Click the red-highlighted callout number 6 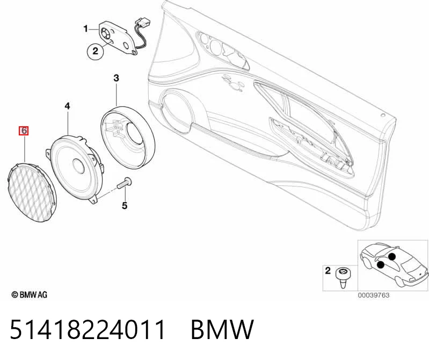tap(24, 131)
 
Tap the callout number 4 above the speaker tap(67, 106)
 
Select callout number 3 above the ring tap(117, 78)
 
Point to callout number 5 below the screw tap(125, 205)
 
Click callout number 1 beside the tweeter tap(85, 28)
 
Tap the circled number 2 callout tap(95, 51)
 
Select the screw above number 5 tap(124, 183)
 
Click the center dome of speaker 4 tap(78, 166)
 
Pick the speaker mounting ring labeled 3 tap(128, 137)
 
